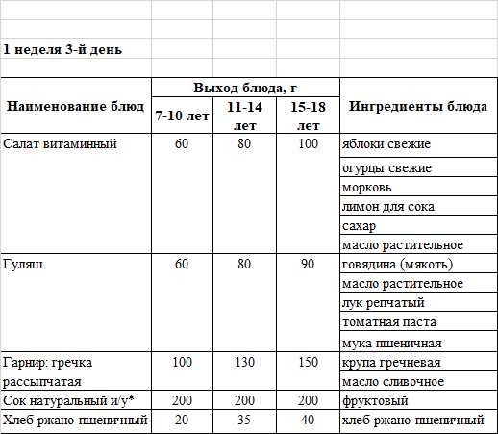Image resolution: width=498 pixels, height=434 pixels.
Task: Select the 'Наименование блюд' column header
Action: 76,105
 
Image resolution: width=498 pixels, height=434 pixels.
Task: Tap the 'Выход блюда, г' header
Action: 244,87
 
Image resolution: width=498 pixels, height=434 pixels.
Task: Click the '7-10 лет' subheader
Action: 183,116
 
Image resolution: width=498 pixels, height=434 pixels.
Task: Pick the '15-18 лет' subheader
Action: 308,115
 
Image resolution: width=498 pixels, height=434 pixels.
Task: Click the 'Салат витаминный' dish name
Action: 60,144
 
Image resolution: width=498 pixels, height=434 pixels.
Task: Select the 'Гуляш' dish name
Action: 23,264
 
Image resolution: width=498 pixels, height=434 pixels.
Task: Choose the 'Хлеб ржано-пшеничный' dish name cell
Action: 75,420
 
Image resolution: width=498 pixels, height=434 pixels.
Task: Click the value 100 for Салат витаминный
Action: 308,144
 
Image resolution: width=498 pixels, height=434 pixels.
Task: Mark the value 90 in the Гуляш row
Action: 308,264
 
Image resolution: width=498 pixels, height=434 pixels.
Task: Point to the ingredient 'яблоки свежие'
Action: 386,144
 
